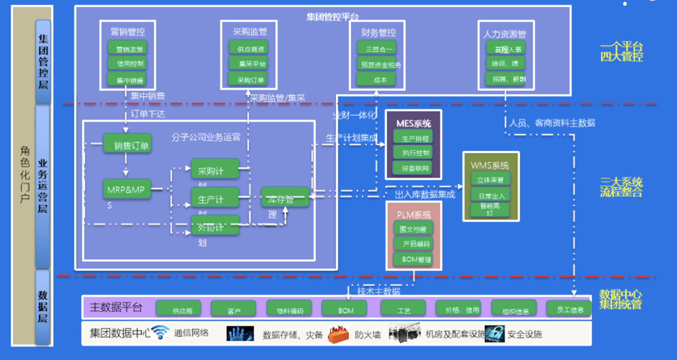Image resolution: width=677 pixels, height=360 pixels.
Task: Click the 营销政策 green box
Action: point(127,48)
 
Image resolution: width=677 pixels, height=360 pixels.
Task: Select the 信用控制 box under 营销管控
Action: point(127,63)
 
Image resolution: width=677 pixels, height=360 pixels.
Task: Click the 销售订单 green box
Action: point(129,145)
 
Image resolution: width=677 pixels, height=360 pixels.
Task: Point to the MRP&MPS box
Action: point(127,189)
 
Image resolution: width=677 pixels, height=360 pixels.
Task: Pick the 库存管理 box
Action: point(285,197)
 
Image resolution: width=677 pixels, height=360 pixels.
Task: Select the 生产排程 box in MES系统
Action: point(412,138)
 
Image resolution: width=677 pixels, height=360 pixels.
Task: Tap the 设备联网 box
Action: point(412,167)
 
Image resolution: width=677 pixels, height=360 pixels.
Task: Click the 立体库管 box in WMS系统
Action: point(490,179)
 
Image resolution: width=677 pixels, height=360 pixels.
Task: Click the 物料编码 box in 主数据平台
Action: point(289,309)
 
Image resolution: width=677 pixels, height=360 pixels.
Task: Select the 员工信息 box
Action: point(569,309)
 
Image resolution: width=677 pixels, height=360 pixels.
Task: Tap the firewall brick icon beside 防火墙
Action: point(338,334)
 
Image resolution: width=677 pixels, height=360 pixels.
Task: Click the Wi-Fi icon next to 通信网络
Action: point(161,333)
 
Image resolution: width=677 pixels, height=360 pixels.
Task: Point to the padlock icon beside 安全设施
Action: point(495,333)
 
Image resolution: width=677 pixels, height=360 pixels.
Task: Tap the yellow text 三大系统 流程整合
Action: point(621,187)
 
